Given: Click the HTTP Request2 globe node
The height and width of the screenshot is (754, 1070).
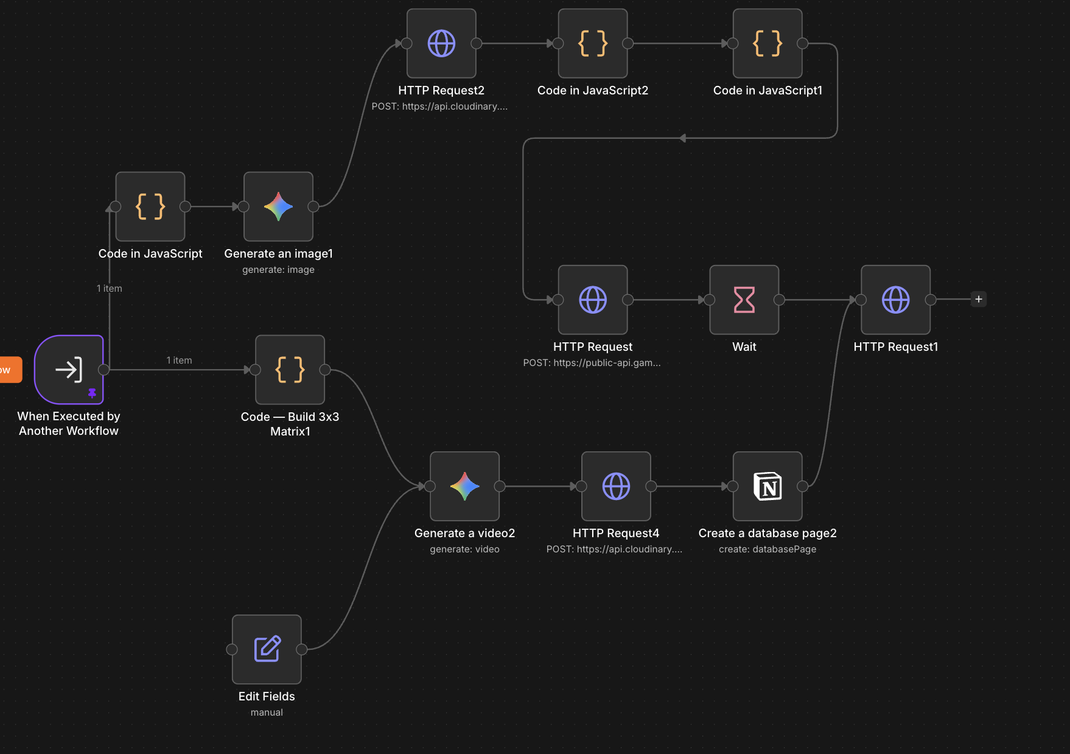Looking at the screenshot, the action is click(x=441, y=43).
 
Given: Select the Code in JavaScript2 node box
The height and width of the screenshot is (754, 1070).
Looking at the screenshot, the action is click(x=593, y=43).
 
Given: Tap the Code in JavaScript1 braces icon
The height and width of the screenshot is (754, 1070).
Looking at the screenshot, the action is click(x=768, y=43).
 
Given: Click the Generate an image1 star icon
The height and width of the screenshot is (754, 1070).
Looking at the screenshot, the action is click(x=278, y=206).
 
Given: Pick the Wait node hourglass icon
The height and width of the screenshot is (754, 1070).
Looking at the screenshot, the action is click(x=744, y=300).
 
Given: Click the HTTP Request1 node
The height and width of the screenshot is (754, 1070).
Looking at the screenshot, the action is click(x=895, y=300).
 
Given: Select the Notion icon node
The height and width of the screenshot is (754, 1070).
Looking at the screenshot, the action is click(x=768, y=486).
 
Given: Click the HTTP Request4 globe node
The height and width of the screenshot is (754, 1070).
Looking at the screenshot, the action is click(x=616, y=486).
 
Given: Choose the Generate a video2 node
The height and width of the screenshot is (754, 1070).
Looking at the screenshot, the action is click(x=464, y=486).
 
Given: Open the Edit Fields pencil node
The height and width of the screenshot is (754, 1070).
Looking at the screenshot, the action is click(x=267, y=649).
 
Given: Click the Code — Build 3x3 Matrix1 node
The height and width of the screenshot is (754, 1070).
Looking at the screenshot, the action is click(x=290, y=370).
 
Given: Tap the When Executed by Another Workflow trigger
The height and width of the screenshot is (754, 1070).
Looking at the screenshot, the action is click(x=69, y=370).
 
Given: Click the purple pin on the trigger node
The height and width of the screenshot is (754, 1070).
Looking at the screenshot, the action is click(x=92, y=393).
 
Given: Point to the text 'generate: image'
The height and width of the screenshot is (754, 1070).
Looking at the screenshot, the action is click(x=278, y=270).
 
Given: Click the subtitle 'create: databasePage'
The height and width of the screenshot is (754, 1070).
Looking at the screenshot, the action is click(x=768, y=549).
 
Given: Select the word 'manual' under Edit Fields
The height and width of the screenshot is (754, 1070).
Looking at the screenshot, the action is click(x=267, y=713).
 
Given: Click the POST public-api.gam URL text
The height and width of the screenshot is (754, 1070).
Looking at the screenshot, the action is click(x=592, y=363).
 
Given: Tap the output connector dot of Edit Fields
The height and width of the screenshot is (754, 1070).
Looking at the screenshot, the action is click(x=301, y=649).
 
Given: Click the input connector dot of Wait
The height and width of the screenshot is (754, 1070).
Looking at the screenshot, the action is click(x=709, y=300).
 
